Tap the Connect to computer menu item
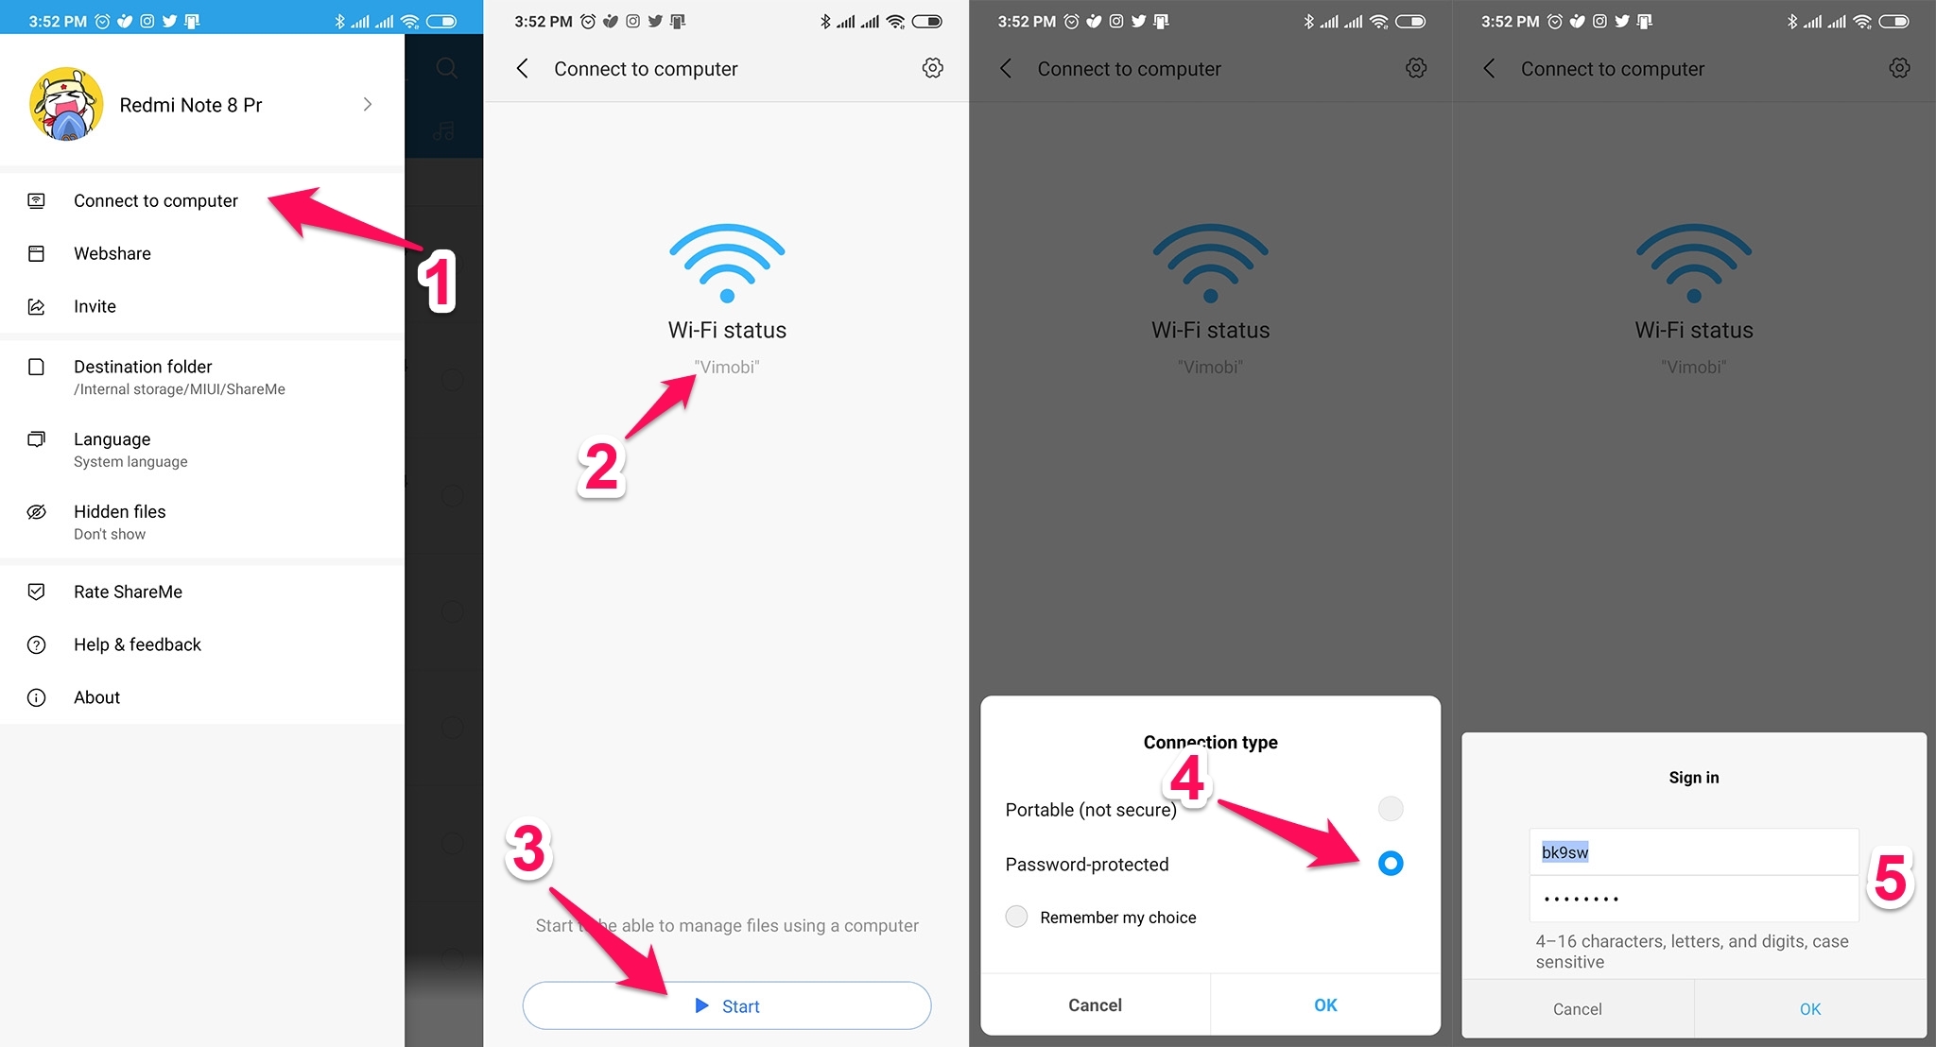(156, 201)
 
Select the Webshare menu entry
(112, 253)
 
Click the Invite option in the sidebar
(95, 306)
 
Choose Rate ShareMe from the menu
(128, 592)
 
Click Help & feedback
(137, 644)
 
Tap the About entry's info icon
(37, 697)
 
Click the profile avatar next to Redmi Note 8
(66, 105)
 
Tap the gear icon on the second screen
(932, 68)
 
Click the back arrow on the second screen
(523, 68)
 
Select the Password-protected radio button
(1390, 863)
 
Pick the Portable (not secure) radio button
(1390, 809)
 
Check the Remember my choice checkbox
(1016, 917)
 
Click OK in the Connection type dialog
(1325, 1005)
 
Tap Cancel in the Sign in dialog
(1577, 1009)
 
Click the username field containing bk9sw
(1692, 852)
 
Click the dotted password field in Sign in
(1692, 899)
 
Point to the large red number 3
(528, 848)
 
